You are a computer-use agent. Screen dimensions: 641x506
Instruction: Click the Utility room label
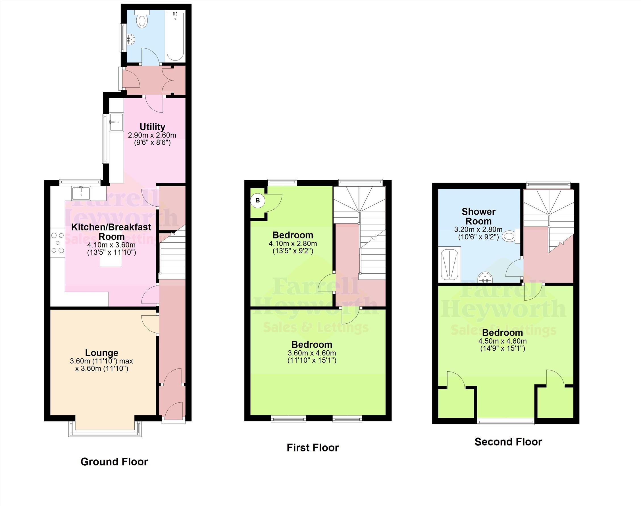pos(152,127)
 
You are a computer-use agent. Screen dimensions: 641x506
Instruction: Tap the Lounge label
pos(102,353)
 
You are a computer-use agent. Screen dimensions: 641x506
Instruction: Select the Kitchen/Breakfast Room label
pos(111,232)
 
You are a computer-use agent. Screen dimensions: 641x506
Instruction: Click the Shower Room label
pos(478,216)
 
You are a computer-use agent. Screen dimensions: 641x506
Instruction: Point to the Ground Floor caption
pos(114,462)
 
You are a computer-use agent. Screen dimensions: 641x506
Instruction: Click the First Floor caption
pos(313,447)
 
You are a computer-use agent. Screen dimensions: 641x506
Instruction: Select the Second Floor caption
pos(508,442)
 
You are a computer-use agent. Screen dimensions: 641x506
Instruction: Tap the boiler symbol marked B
pos(257,201)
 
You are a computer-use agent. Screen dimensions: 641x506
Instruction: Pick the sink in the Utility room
pos(116,122)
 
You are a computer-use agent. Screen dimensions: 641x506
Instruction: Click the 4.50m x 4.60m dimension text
pos(502,341)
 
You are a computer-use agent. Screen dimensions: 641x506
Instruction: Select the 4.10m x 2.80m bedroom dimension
pos(293,243)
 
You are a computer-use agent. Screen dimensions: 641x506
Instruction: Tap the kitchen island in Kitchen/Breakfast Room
pos(111,259)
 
